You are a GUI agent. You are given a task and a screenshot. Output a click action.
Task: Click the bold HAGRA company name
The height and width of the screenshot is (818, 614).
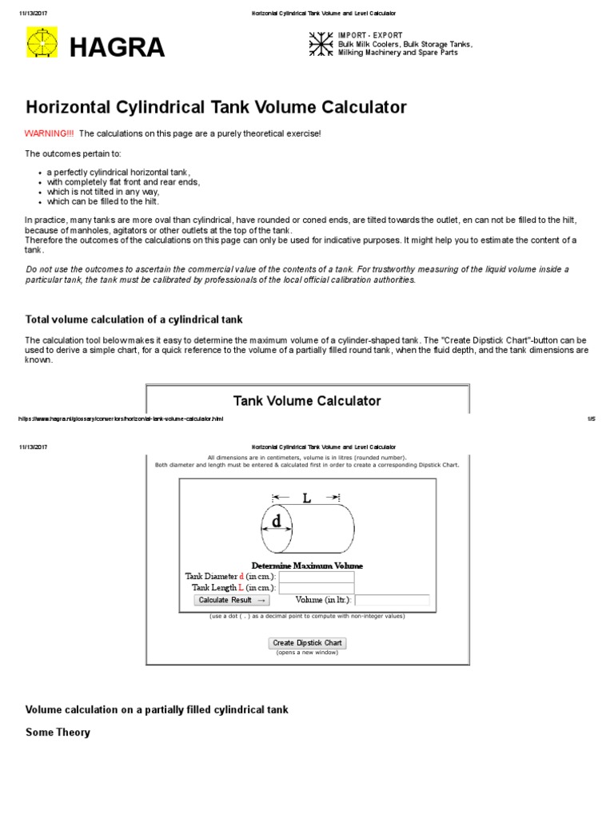point(117,48)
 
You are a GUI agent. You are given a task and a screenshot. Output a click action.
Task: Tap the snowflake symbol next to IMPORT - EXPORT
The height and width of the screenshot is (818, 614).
point(321,44)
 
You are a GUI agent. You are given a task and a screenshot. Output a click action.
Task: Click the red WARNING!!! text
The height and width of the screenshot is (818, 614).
point(49,133)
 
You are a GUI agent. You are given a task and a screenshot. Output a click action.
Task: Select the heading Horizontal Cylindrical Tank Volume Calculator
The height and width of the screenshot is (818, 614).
point(216,107)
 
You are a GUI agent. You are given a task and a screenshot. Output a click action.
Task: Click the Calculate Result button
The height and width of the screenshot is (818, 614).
point(231,600)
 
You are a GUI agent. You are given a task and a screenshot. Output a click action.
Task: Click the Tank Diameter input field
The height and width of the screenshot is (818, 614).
point(316,576)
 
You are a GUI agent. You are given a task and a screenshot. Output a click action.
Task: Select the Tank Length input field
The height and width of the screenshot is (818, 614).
point(316,587)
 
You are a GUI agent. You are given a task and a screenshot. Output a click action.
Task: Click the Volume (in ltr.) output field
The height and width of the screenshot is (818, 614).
point(392,600)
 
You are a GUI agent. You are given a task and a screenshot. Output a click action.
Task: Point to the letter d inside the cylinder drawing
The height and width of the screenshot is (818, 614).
point(277,522)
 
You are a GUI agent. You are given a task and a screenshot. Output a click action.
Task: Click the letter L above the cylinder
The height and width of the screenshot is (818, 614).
point(306,498)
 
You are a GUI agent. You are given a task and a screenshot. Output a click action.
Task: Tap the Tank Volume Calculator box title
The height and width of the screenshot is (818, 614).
point(307,401)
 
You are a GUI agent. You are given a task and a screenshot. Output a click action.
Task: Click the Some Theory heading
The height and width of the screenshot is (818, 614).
point(58,733)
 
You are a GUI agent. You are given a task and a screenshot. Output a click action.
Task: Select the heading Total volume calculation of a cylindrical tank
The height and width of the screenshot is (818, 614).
point(134,320)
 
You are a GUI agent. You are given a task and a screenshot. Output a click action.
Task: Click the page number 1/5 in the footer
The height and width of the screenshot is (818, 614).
point(591,419)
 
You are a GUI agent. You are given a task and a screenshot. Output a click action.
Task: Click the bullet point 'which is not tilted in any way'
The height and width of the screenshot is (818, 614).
point(103,192)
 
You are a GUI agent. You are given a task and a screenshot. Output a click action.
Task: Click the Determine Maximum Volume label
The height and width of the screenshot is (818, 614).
point(307,566)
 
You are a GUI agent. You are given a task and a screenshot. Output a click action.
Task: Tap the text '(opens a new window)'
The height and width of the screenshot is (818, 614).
point(307,653)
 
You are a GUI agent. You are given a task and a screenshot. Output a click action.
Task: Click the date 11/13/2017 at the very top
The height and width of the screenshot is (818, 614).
point(29,14)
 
